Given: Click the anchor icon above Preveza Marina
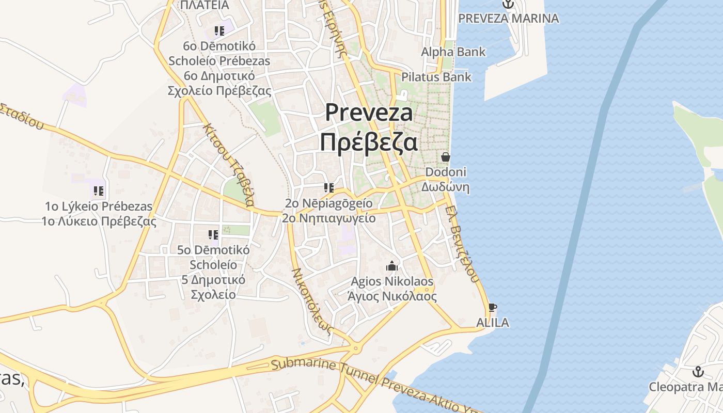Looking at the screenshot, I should click(x=508, y=4).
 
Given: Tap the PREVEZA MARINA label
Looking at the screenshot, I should click(x=508, y=19).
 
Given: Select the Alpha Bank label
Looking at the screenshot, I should click(x=453, y=52).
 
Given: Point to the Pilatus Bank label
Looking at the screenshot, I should click(x=437, y=77).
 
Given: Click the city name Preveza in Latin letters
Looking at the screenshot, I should click(x=369, y=113).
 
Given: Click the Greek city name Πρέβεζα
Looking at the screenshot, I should click(x=368, y=141).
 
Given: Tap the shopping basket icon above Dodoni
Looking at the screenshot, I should click(x=445, y=157).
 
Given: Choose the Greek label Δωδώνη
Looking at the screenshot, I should click(x=445, y=187).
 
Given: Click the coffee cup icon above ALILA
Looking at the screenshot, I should click(x=492, y=307).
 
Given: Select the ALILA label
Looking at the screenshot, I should click(x=492, y=323).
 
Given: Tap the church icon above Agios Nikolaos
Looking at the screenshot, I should click(x=392, y=266).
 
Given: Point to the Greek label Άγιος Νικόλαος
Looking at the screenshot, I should click(x=392, y=297).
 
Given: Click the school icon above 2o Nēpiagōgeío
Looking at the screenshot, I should click(x=328, y=188).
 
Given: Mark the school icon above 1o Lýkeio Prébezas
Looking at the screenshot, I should click(x=98, y=192).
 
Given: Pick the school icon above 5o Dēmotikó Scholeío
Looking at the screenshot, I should click(x=213, y=235).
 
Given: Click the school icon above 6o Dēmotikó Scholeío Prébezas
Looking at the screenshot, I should click(x=219, y=30).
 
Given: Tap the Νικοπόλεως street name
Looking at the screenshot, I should click(x=311, y=301).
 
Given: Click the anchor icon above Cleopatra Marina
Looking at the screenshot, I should click(x=698, y=372).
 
